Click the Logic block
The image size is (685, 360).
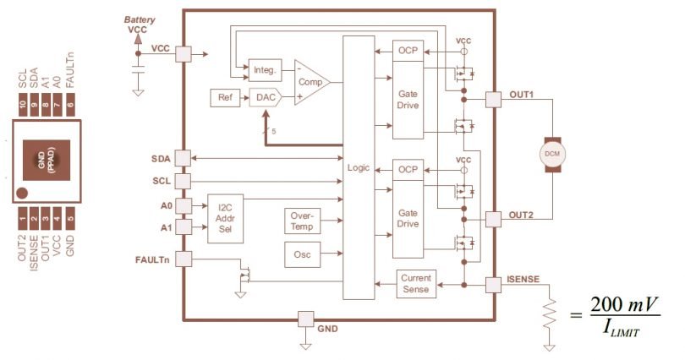(358, 167)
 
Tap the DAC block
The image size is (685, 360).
(266, 98)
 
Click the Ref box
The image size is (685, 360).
(225, 98)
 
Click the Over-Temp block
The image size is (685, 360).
(303, 221)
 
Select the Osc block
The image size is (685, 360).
(302, 254)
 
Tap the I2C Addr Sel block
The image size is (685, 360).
(224, 218)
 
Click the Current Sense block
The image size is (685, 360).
(415, 284)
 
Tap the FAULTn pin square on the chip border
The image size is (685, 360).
(184, 259)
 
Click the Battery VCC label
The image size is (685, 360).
(140, 24)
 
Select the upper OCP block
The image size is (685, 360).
(408, 51)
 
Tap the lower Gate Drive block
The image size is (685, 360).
(408, 219)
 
